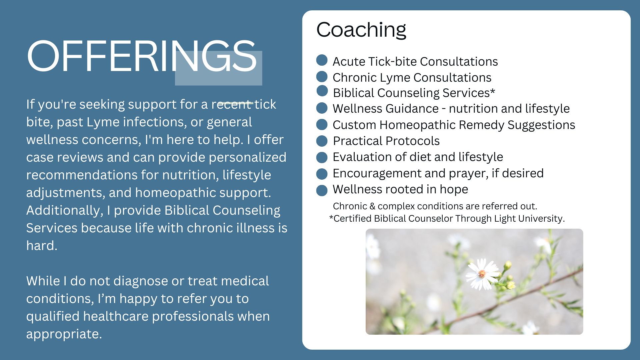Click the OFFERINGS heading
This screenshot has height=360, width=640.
coord(142,56)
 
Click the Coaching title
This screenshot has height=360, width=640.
coord(361,30)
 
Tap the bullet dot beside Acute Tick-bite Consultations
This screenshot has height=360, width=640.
coord(322,60)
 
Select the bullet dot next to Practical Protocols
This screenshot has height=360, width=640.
coord(322,141)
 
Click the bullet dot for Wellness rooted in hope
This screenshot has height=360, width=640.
coord(322,190)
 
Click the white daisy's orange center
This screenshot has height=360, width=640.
coord(482,274)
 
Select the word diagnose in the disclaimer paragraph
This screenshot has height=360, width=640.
coord(140,281)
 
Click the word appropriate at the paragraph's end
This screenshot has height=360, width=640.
coord(64,334)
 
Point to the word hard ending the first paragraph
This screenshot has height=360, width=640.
coord(42,246)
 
